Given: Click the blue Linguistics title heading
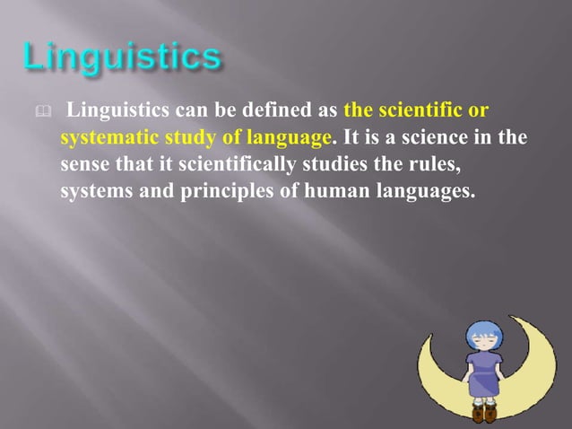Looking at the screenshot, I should click(121, 59).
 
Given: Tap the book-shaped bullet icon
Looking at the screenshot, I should click(30, 112).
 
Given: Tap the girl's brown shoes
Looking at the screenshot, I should click(484, 414).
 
